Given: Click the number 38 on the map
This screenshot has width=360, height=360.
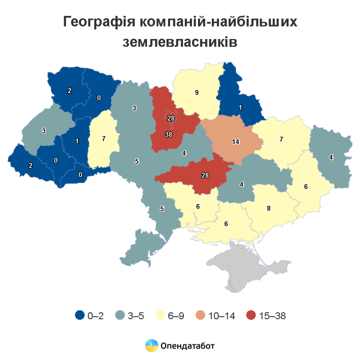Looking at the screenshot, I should pyautogui.click(x=168, y=134).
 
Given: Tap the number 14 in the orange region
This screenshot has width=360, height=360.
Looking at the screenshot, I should pyautogui.click(x=235, y=142).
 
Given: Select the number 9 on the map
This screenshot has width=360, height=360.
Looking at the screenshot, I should pyautogui.click(x=196, y=93).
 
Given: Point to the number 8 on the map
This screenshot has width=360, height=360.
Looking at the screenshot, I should pyautogui.click(x=268, y=208).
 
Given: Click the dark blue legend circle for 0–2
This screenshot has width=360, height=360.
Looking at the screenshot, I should pyautogui.click(x=79, y=316).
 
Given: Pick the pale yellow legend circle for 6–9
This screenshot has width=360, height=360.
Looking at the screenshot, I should pyautogui.click(x=160, y=316).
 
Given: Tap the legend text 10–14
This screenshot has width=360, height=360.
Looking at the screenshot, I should pyautogui.click(x=222, y=316).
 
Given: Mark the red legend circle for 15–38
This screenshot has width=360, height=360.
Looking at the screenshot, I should pyautogui.click(x=252, y=316).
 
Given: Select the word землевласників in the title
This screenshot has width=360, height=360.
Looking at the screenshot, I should pyautogui.click(x=180, y=42).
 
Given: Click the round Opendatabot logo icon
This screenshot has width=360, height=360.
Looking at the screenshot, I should pyautogui.click(x=151, y=345).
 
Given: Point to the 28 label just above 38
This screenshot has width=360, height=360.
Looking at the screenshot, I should pyautogui.click(x=171, y=118).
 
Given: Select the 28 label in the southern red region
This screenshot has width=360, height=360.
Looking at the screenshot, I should pyautogui.click(x=205, y=175).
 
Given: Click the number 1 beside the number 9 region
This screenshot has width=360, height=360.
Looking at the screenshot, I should pyautogui.click(x=240, y=107).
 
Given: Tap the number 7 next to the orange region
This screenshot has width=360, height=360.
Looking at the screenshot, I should pyautogui.click(x=281, y=139).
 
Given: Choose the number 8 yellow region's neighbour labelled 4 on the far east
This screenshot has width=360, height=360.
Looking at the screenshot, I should pyautogui.click(x=331, y=157).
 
